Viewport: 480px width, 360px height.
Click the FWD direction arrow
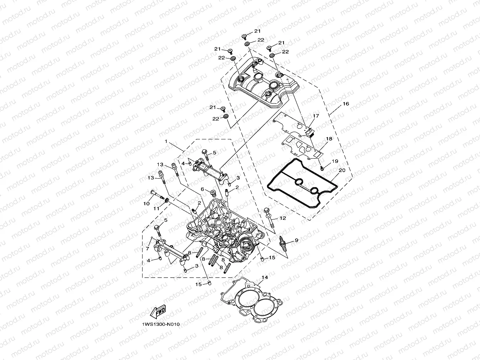pos(158,312)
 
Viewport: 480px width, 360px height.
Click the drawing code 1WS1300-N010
pos(161,324)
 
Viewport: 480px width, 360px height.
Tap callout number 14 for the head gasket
pos(264,277)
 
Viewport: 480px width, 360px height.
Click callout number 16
pos(346,104)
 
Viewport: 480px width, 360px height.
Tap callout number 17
pos(316,116)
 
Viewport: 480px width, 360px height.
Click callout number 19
pos(334,161)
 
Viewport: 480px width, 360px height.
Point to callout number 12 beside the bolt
pos(283,218)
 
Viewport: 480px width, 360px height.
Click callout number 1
pos(166,141)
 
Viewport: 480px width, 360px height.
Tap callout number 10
pos(146,203)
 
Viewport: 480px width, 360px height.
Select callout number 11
pos(156,208)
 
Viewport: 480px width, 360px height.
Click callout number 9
pos(296,240)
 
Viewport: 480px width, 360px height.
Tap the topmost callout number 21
pos(257,30)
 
